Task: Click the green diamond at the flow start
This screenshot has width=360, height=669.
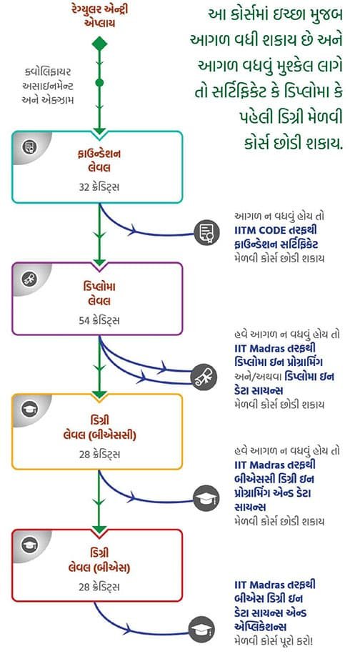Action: (x=99, y=44)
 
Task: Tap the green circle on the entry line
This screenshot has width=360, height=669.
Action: (x=99, y=82)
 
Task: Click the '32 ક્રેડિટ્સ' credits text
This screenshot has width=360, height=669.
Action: (x=99, y=187)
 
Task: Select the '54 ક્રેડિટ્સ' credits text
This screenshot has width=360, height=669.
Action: (x=99, y=320)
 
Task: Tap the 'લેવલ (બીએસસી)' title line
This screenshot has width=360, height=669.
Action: (x=99, y=435)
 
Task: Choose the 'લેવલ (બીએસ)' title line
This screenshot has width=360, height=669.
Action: (x=99, y=568)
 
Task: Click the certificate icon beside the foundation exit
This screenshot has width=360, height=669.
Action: (x=207, y=233)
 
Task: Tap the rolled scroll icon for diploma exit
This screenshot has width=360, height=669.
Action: (x=204, y=377)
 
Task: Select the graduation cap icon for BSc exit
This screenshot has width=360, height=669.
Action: (x=206, y=498)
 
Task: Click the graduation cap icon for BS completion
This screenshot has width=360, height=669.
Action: (x=201, y=629)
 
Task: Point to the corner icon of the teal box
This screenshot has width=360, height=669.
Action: (x=29, y=147)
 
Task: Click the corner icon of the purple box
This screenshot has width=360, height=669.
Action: (x=29, y=278)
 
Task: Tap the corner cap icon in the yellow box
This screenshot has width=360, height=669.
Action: (x=29, y=410)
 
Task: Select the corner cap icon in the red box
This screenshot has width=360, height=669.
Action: (x=29, y=545)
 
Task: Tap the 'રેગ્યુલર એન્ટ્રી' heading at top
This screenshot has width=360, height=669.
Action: (x=100, y=9)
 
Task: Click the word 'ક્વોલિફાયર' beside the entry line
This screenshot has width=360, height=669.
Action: (x=48, y=70)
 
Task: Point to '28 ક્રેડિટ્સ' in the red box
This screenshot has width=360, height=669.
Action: (x=99, y=587)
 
